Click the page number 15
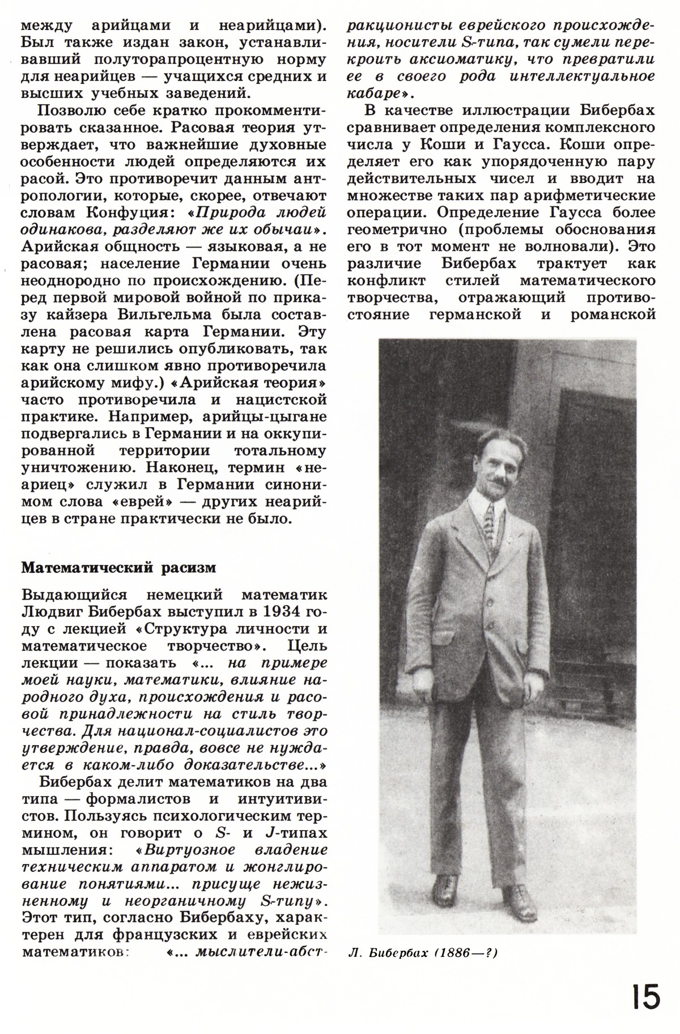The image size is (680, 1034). (x=644, y=998)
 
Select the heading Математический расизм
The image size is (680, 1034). (x=118, y=568)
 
